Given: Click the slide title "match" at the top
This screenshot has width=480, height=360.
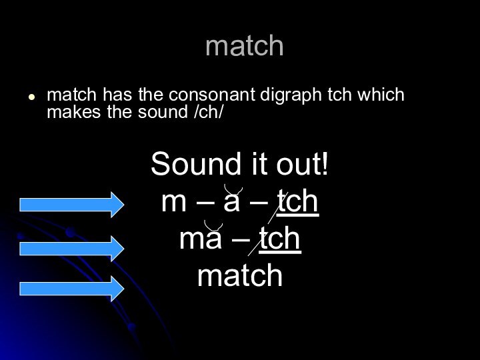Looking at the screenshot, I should point(245,47).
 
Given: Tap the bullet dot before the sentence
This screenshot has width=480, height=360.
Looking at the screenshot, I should point(31,96).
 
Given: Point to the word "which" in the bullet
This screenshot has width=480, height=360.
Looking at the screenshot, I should point(381,95).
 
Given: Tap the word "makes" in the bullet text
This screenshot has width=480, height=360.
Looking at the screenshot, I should point(70,112).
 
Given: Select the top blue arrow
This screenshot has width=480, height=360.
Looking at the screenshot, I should point(71,204).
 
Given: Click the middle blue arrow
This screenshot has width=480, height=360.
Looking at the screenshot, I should point(71,248).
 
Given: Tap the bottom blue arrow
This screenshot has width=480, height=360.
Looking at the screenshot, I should point(71,289).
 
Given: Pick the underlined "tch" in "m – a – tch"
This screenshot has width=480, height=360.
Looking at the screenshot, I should point(298,202).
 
